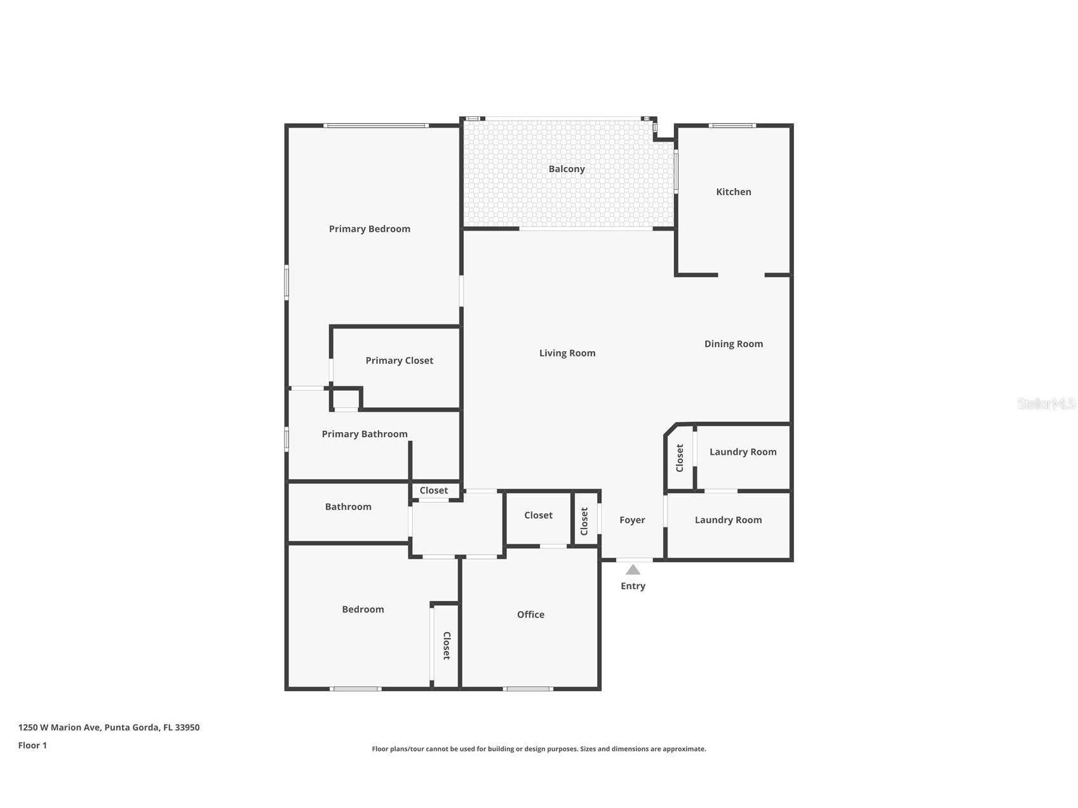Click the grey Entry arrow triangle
click(633, 570)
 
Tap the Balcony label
click(567, 169)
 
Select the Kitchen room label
click(733, 192)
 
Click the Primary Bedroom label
click(369, 229)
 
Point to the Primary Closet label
click(399, 360)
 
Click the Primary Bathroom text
click(364, 434)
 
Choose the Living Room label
click(567, 353)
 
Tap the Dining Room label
click(733, 344)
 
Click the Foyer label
click(631, 520)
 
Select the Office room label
click(530, 614)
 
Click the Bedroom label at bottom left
click(363, 609)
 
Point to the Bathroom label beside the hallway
click(347, 506)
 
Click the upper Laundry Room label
click(743, 452)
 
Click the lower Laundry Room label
click(728, 520)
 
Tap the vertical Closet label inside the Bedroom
click(447, 645)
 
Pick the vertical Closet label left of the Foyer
click(584, 521)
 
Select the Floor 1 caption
click(32, 745)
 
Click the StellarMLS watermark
click(1046, 403)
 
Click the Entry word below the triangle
click(633, 586)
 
